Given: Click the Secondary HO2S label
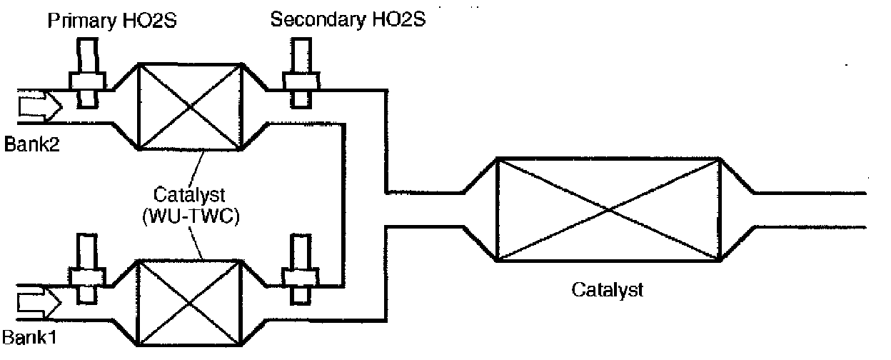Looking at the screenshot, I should (x=348, y=19).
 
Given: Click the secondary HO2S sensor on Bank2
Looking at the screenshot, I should (x=301, y=74).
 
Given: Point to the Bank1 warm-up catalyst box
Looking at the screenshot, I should (x=190, y=302).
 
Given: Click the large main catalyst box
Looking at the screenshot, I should (x=607, y=209).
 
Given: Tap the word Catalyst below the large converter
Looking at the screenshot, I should (x=607, y=290).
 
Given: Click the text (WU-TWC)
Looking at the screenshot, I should (x=191, y=215).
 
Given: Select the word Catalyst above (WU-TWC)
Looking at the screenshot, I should (x=191, y=194).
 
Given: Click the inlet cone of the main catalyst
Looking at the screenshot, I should (x=478, y=209).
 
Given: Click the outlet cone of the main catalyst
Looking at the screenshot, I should (x=735, y=209).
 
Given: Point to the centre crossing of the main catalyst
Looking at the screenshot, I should (x=607, y=209).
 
